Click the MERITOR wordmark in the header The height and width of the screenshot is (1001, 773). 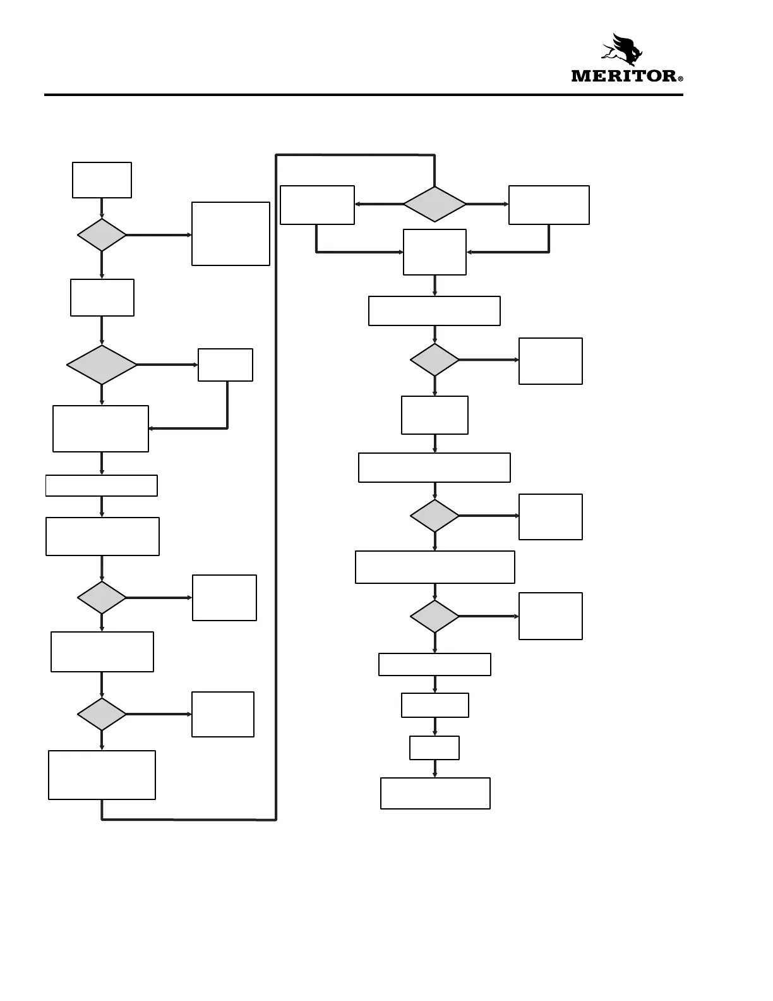click(x=623, y=76)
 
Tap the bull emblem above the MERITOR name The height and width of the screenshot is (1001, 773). click(x=622, y=49)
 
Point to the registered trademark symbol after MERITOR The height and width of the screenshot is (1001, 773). click(x=680, y=80)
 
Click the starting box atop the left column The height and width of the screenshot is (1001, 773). click(x=102, y=180)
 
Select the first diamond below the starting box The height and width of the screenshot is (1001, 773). click(x=102, y=235)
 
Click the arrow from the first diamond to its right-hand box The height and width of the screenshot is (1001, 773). click(x=159, y=235)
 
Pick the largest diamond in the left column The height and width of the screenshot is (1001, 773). click(x=102, y=365)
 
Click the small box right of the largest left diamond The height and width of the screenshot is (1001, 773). click(x=225, y=365)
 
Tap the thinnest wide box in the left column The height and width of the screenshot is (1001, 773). click(x=102, y=485)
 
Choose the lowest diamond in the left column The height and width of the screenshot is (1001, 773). click(x=102, y=714)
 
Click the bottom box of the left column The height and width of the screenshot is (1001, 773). click(x=102, y=775)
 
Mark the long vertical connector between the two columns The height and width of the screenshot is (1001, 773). click(x=277, y=487)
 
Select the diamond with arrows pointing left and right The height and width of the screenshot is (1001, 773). click(x=434, y=204)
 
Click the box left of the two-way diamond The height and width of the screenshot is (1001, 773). click(x=317, y=205)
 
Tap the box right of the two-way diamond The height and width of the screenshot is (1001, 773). click(x=549, y=205)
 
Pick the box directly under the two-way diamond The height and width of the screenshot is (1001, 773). click(x=434, y=252)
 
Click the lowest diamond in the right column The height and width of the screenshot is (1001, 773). click(x=434, y=616)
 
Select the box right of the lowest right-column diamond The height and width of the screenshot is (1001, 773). click(x=550, y=616)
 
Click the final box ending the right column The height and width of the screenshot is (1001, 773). click(x=435, y=793)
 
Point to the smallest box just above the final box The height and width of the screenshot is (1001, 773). click(x=434, y=748)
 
